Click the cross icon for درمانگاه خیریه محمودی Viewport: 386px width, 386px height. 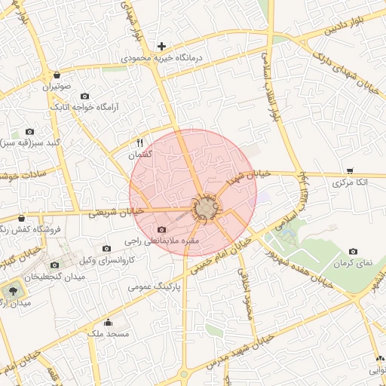(161, 46)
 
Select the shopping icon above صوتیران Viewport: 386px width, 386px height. (58, 75)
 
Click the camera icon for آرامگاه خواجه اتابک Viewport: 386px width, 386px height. (84, 96)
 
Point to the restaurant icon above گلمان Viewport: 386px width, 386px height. (139, 142)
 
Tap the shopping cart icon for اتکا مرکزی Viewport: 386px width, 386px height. (351, 171)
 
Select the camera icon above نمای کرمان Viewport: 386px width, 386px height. (353, 251)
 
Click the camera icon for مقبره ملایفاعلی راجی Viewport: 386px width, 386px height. (161, 230)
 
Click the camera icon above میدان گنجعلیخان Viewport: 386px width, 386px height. (54, 265)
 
